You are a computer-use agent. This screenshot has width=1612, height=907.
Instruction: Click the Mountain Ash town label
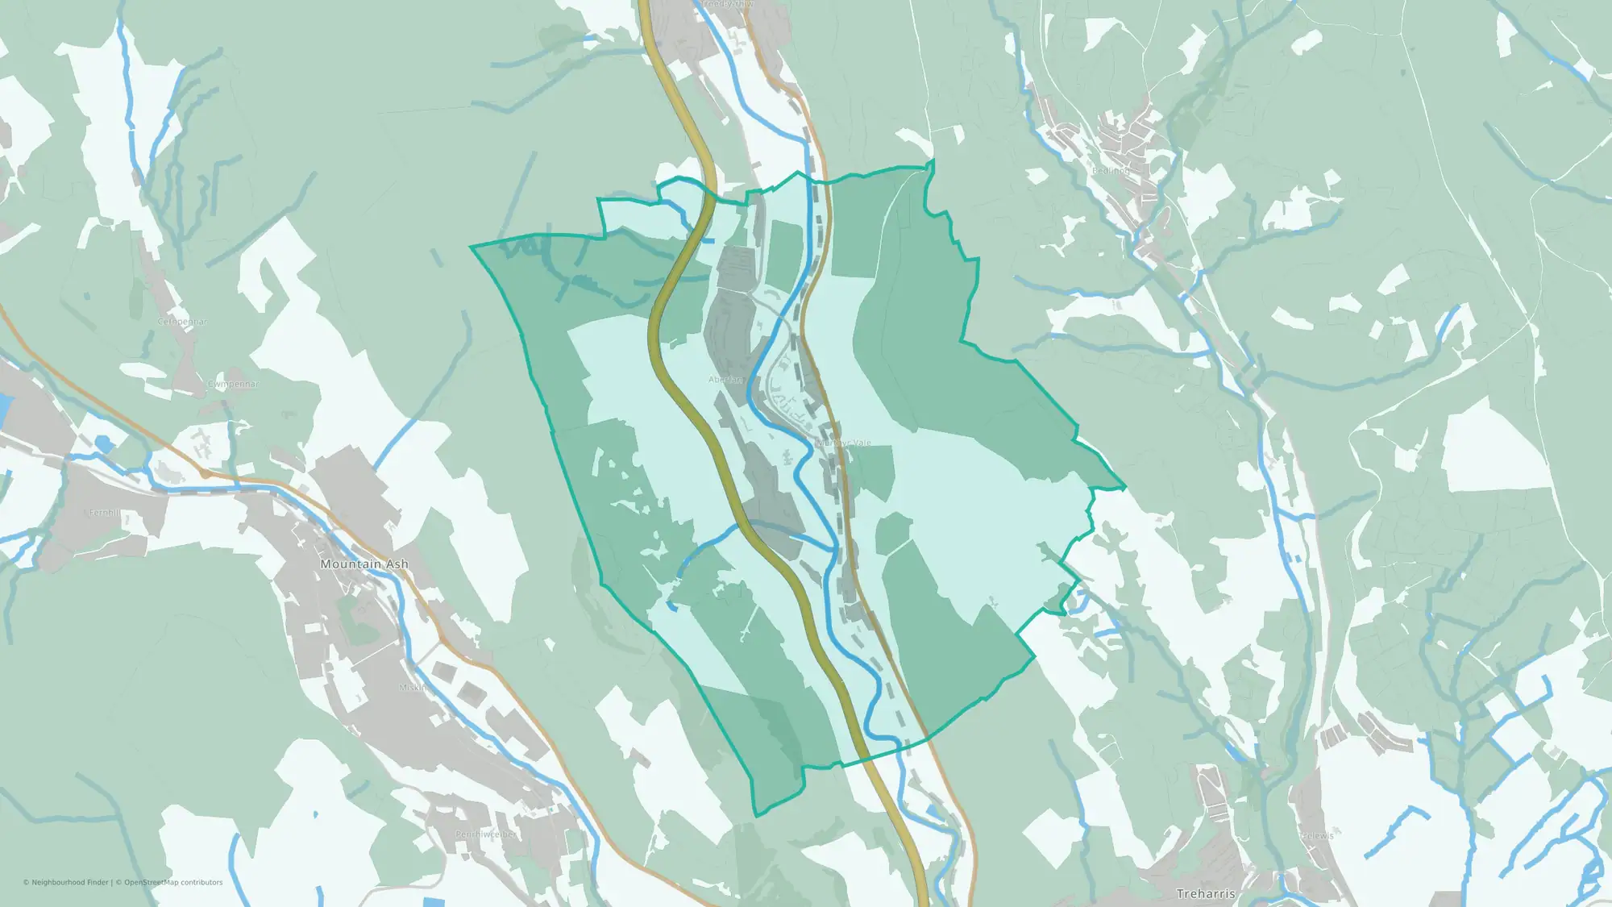click(364, 564)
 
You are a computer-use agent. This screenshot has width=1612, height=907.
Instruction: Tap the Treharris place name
click(1205, 893)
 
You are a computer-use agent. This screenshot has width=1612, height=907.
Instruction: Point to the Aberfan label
click(725, 380)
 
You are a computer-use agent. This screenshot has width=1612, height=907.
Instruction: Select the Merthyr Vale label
click(843, 443)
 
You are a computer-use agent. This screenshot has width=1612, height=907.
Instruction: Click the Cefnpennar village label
click(182, 322)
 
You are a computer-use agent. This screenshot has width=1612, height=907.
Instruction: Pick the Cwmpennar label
click(233, 384)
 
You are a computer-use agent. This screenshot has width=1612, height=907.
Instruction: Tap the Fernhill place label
click(104, 513)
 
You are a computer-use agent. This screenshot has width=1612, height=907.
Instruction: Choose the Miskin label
click(412, 688)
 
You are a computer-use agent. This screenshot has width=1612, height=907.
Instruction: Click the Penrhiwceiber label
click(485, 834)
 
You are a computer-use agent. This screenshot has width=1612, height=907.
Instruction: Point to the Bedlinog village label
click(1111, 171)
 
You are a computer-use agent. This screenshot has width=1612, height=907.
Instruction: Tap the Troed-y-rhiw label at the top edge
click(725, 4)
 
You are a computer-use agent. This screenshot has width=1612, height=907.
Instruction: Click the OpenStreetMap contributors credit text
click(172, 882)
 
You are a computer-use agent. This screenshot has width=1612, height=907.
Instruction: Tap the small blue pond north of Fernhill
click(103, 442)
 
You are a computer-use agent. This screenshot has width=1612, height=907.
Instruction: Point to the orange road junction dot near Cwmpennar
click(206, 475)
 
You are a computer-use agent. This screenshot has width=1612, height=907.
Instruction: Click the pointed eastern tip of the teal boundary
click(1124, 488)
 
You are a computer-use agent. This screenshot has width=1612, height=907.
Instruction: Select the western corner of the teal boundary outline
click(472, 246)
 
